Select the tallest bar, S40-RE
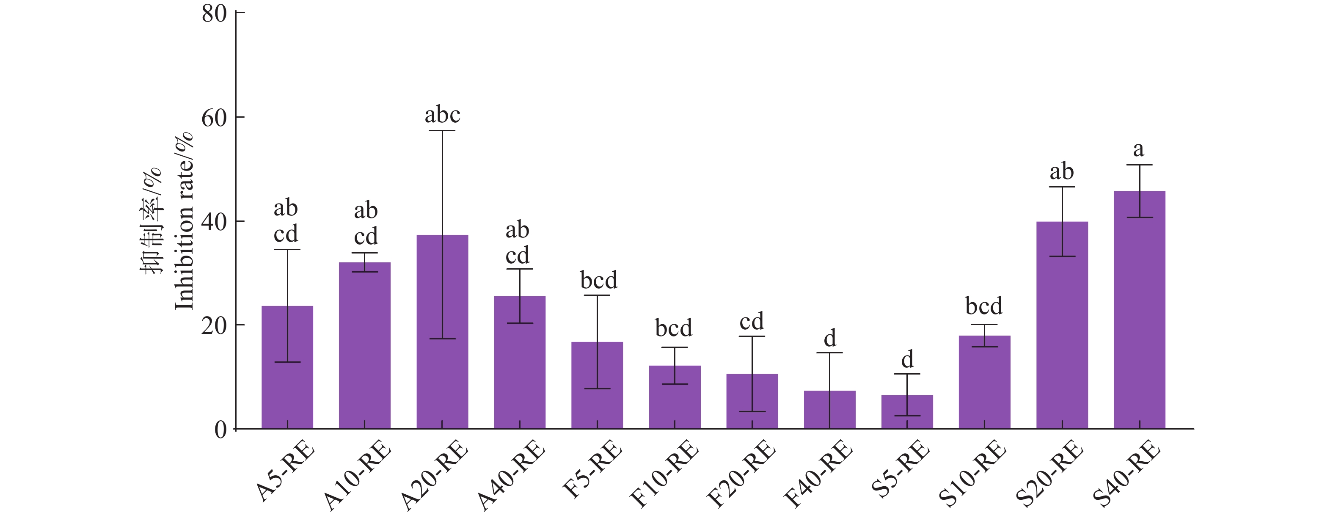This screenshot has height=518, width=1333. coord(1140,311)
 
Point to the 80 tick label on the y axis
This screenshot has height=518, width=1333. coord(214,14)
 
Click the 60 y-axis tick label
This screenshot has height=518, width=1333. coord(214,118)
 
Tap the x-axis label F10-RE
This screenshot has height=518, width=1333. coord(664,473)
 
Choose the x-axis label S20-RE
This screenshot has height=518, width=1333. coord(1050,473)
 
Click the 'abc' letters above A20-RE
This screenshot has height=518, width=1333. coord(443,115)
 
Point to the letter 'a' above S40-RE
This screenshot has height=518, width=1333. coord(1138,149)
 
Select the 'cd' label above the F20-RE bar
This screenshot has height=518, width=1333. coord(752,322)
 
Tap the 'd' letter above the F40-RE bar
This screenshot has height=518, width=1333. coord(829,339)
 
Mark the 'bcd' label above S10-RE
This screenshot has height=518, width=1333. coord(984,306)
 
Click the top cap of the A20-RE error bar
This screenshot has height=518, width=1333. coord(443,131)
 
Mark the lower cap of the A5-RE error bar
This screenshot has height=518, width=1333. coord(287,362)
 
